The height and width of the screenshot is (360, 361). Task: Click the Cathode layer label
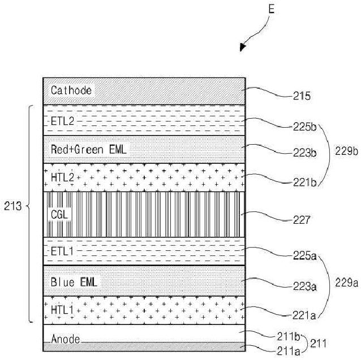(71, 90)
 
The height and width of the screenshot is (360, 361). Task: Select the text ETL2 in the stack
(62, 120)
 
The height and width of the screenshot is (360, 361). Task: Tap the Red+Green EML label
(89, 149)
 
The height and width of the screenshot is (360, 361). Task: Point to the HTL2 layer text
(62, 177)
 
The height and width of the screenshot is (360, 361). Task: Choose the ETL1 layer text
(62, 251)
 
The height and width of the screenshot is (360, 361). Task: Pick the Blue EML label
(74, 281)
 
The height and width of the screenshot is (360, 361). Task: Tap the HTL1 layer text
(62, 310)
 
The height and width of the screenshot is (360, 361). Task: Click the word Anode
(65, 340)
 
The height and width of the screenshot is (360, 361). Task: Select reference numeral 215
(302, 97)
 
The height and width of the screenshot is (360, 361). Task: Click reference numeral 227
(302, 220)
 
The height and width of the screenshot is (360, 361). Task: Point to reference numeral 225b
(305, 127)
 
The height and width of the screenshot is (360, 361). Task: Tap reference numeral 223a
(304, 287)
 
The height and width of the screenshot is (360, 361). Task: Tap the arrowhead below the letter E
(243, 47)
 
